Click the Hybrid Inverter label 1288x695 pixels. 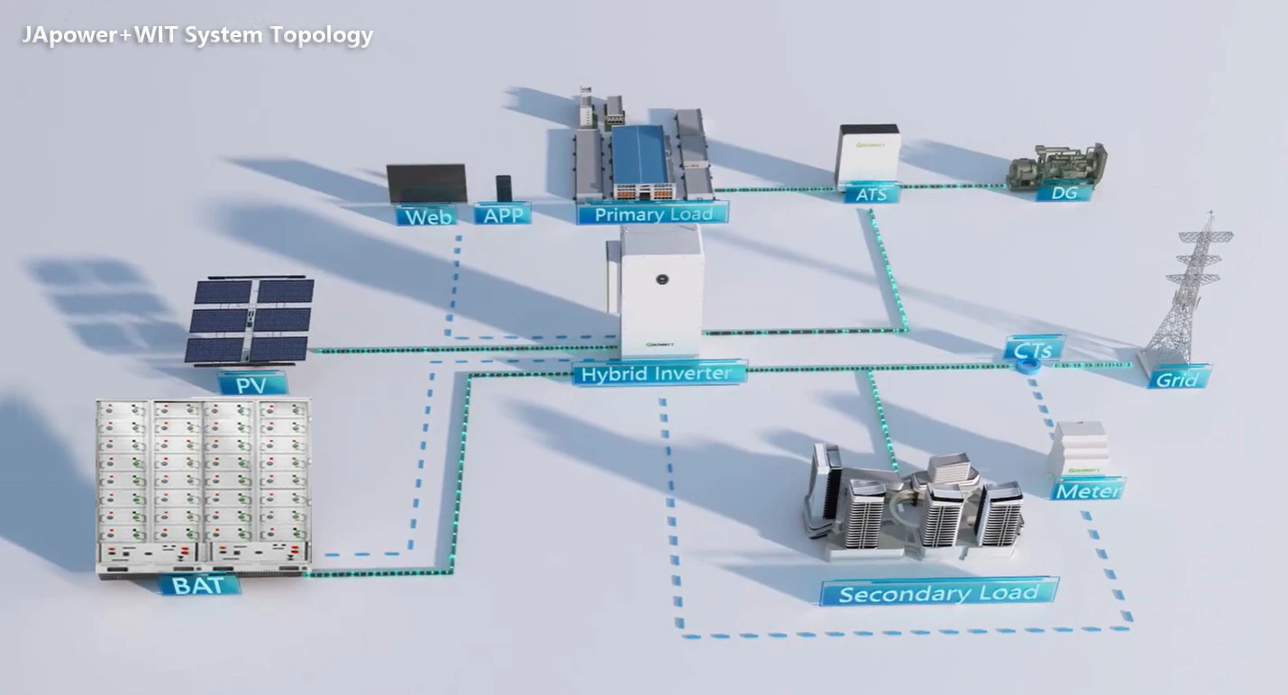pos(659,372)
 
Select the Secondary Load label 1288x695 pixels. pos(938,592)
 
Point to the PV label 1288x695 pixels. pos(251,385)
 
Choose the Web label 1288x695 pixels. pos(427,215)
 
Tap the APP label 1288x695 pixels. pos(502,215)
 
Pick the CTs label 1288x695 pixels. pos(1035,347)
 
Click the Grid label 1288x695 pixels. pos(1178,379)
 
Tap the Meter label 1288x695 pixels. pos(1088,490)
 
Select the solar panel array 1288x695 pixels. pos(250,320)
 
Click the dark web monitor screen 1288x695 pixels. pos(426,184)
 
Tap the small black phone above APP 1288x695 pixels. pos(504,187)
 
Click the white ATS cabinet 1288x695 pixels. pos(866,154)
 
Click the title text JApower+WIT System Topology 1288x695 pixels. pos(197,35)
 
